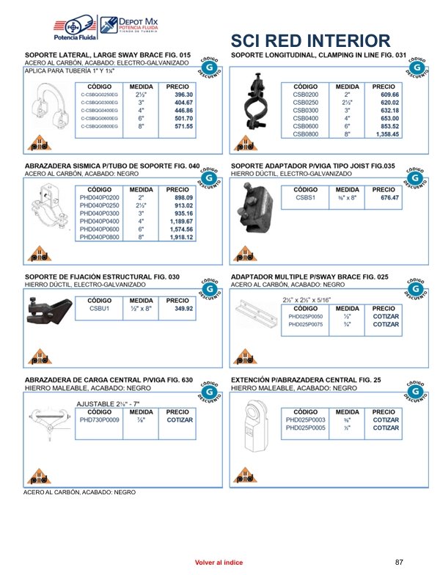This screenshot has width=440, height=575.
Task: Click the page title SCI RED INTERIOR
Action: click(x=310, y=40)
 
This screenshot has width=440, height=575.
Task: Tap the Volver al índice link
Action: click(x=219, y=562)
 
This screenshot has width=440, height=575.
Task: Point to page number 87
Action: click(x=400, y=562)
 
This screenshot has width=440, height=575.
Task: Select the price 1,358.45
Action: click(x=386, y=134)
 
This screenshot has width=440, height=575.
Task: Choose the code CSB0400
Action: click(x=306, y=118)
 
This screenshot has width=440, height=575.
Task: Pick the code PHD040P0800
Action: click(x=99, y=238)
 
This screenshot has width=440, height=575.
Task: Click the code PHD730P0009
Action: click(x=99, y=420)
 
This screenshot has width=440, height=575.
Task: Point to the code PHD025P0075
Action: click(x=306, y=324)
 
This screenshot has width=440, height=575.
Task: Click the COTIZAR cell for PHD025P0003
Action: click(x=386, y=420)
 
